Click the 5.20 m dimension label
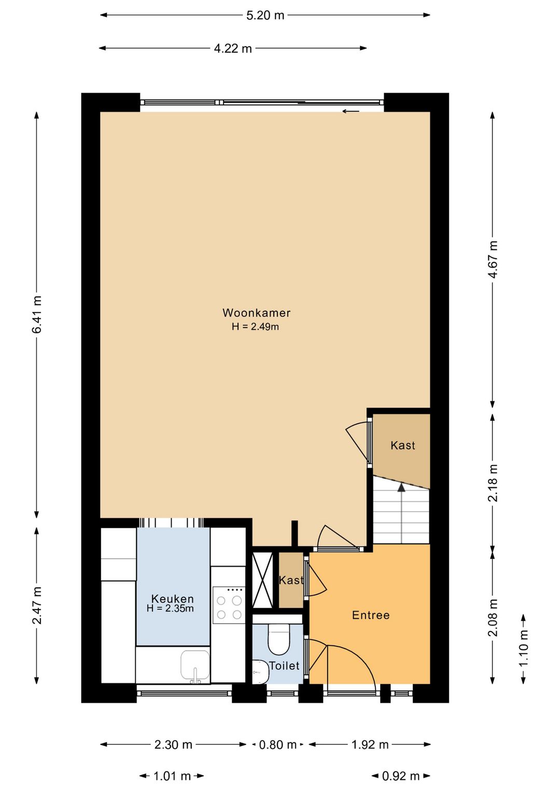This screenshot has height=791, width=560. point(265,16)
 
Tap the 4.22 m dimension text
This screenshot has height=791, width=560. point(233,49)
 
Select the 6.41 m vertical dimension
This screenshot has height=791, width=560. point(37,315)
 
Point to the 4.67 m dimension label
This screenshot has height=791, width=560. point(493,259)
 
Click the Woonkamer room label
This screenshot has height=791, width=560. point(256,313)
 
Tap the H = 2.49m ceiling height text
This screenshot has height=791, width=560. point(255,327)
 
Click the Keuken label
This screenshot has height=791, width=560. point(172,599)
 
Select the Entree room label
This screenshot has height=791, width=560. point(370,615)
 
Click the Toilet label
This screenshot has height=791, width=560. point(284,666)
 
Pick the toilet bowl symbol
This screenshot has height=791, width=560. point(278,640)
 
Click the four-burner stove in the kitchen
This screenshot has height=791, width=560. point(229,605)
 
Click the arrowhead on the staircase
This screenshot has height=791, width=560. point(401,487)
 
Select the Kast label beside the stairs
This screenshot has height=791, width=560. point(402,445)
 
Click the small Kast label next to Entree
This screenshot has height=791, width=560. point(291,580)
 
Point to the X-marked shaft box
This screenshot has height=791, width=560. point(262,580)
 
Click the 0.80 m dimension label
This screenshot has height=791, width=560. point(277,745)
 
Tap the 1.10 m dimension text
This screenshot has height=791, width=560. point(524,648)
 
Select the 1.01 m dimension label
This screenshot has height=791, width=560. point(172,776)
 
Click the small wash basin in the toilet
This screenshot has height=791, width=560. point(260,672)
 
